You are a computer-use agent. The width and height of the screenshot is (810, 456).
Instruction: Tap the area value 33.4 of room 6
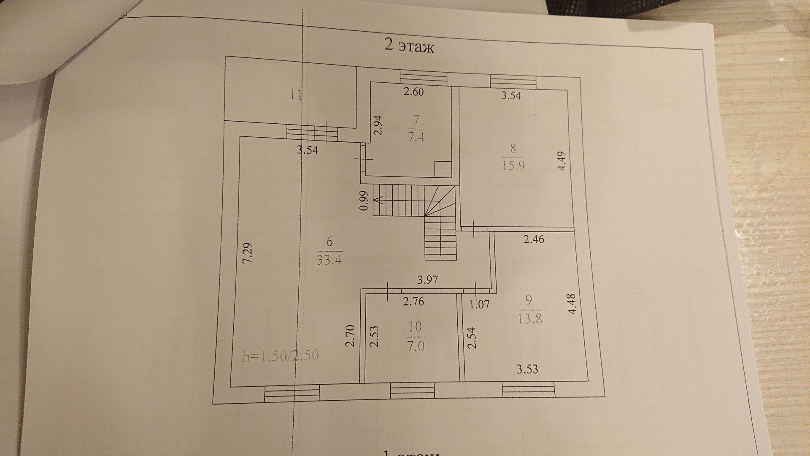coord(329,259)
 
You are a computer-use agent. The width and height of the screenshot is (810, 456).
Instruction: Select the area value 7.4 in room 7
coord(416,137)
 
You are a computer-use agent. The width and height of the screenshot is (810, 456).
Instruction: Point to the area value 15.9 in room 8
coord(513,165)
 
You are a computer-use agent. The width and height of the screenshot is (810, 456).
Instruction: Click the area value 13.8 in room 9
coord(529,318)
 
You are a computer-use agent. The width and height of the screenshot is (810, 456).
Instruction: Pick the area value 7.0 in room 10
coord(415,346)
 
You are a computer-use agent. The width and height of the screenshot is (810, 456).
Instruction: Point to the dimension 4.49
coord(561,161)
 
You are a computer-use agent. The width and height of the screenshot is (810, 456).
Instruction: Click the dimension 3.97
coord(427,280)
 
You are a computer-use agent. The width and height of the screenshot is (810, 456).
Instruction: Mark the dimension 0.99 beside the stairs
coord(365,201)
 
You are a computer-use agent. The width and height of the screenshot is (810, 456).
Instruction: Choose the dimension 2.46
coord(534,239)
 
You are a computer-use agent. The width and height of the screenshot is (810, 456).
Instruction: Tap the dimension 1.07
coord(479,304)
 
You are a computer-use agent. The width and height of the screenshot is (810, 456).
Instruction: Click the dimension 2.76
coord(413,301)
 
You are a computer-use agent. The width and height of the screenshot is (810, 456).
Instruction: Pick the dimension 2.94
coord(378,125)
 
